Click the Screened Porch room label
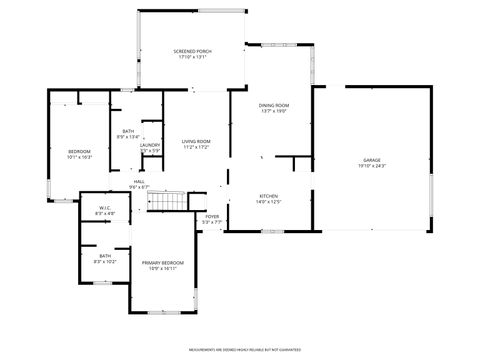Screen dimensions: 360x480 (191, 50)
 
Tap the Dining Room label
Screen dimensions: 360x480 (274, 105)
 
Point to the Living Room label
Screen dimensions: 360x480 (195, 141)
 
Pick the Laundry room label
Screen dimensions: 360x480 (150, 145)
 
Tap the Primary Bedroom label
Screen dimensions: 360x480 (162, 263)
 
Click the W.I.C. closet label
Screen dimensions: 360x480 (105, 210)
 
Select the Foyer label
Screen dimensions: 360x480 (212, 216)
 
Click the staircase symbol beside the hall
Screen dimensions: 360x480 (169, 201)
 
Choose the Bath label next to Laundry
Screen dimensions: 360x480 (128, 131)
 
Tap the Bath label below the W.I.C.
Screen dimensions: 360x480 (105, 256)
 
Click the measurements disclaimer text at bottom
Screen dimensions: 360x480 (244, 350)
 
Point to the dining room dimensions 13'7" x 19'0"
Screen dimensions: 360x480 (274, 111)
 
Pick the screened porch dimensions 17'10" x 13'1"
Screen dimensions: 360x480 (191, 56)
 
